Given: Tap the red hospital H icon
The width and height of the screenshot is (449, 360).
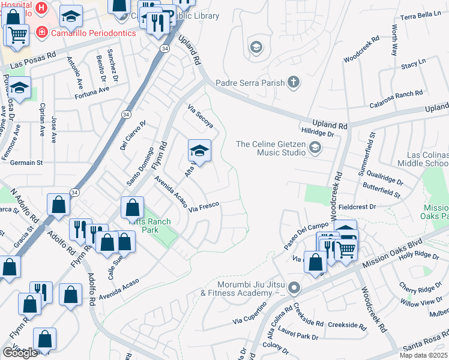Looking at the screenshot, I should click(41, 8).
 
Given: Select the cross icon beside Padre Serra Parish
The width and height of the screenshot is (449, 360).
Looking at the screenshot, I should click(293, 82).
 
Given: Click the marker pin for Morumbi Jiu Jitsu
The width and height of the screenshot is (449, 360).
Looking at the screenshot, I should click(294, 289).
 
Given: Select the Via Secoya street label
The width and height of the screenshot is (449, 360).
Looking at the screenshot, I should click(200, 116).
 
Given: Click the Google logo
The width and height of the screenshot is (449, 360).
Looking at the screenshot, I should click(20, 353).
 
